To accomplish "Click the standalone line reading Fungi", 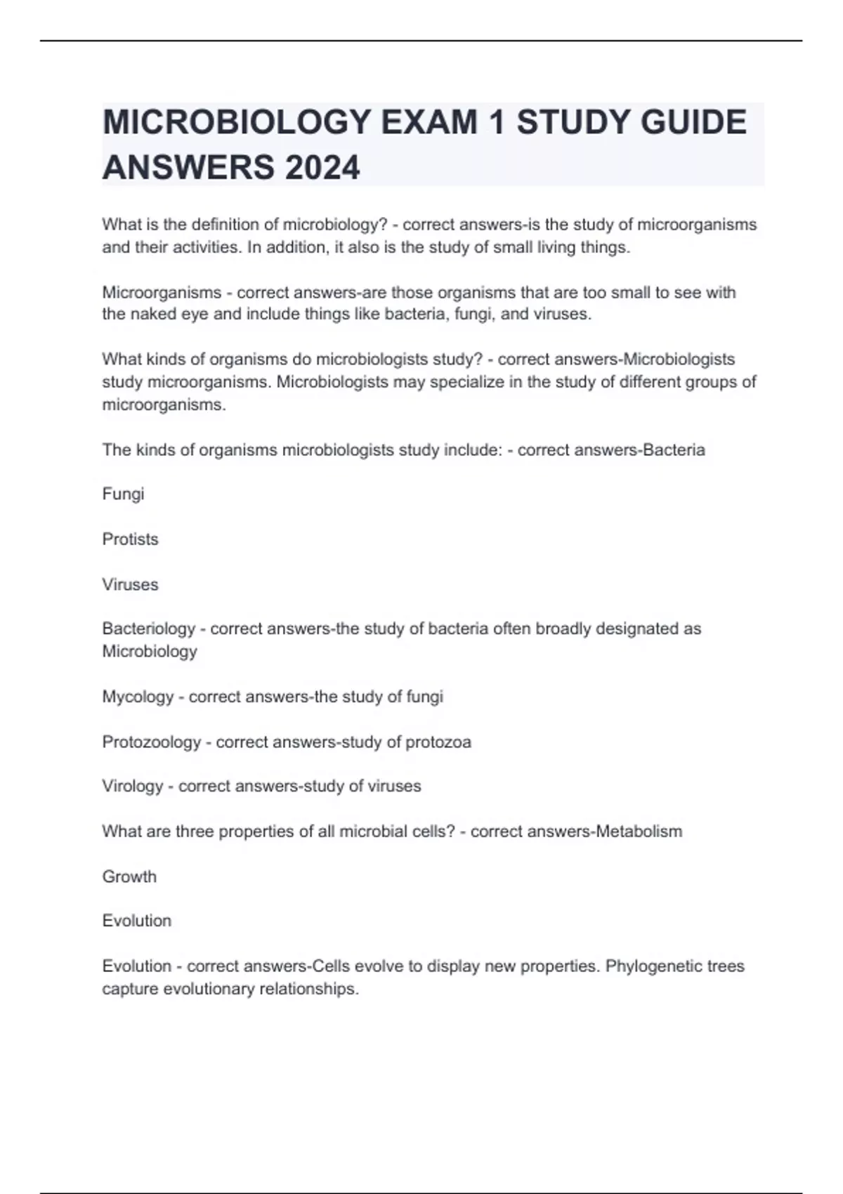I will (x=123, y=494).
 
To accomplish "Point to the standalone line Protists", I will (x=130, y=539).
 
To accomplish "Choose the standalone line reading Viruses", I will (x=130, y=584).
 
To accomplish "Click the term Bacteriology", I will (x=148, y=629).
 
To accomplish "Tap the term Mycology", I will (x=138, y=697).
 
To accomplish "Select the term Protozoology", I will (x=151, y=742).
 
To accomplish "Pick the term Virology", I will (x=132, y=786).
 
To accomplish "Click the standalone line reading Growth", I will (x=129, y=877).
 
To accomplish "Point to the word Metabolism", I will (x=639, y=832).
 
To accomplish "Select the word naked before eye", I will (x=152, y=314).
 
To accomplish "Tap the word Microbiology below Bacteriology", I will (x=150, y=651).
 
